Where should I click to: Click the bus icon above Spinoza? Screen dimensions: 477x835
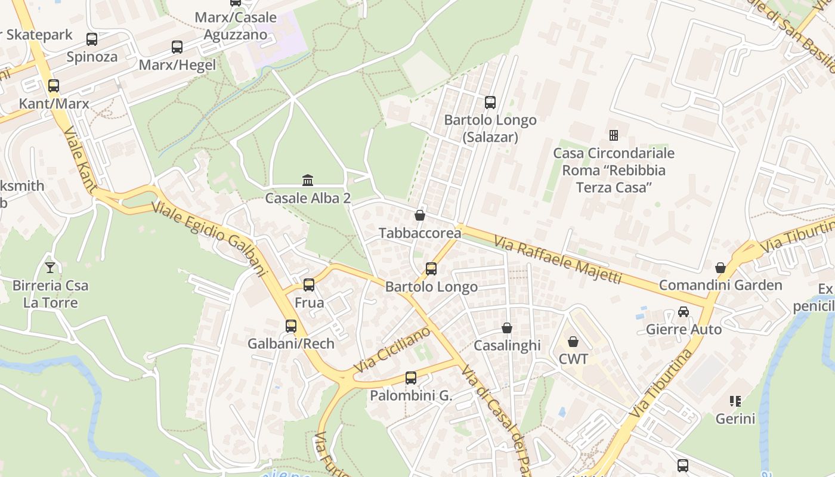[92, 39]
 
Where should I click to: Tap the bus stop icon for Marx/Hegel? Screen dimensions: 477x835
[177, 47]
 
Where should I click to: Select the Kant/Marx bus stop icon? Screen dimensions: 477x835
[54, 86]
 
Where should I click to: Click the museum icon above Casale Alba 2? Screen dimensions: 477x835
[308, 180]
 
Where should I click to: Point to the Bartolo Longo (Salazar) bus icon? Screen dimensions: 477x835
[490, 103]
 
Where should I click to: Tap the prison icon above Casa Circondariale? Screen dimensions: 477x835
[613, 135]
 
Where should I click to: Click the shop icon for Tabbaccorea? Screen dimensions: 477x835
[420, 215]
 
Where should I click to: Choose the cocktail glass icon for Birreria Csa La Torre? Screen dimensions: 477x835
[50, 268]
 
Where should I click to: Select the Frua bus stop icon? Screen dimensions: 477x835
[309, 285]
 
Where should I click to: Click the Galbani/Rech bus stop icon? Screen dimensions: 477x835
[291, 326]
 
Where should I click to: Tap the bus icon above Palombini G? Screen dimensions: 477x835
[411, 378]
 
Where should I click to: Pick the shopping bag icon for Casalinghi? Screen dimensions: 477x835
[507, 328]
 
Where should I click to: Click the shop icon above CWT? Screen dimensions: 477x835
[573, 342]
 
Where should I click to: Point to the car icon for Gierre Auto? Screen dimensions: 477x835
[684, 312]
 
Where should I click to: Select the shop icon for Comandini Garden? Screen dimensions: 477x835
[720, 268]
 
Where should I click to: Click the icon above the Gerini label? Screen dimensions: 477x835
[735, 401]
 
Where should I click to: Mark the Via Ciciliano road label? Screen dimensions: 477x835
[392, 351]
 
